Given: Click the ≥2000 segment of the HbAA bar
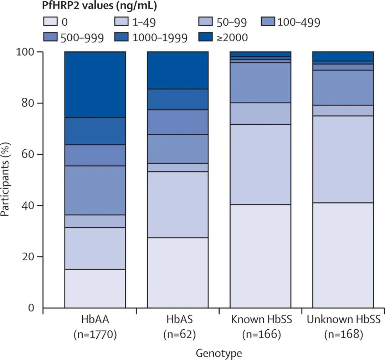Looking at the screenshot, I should click(x=95, y=84).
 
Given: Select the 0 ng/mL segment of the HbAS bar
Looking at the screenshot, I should click(x=178, y=273).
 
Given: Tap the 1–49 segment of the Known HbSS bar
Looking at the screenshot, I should click(x=261, y=164).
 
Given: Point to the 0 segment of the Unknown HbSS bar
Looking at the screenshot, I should click(x=343, y=255).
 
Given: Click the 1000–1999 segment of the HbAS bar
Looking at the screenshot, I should click(x=178, y=99).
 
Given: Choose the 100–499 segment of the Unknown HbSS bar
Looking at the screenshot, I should click(x=343, y=88).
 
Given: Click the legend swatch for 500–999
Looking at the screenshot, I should click(x=50, y=37).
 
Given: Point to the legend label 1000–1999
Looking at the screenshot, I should click(x=160, y=37).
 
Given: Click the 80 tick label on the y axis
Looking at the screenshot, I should click(x=26, y=103).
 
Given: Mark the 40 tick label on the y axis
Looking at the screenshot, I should click(x=26, y=206).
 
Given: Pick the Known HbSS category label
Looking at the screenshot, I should click(x=262, y=319).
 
